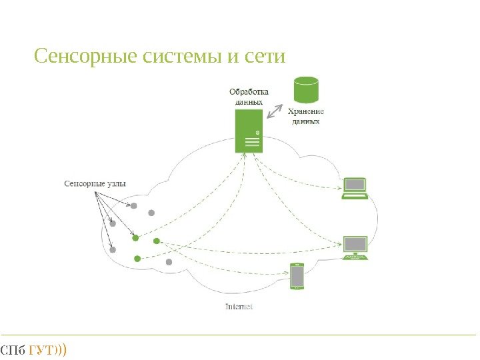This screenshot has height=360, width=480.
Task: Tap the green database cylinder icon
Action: [x=307, y=89]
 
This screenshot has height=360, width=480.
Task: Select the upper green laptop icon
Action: [x=355, y=188]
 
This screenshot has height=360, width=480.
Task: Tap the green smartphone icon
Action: [x=297, y=276]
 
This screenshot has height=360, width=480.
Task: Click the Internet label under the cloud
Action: [x=239, y=307]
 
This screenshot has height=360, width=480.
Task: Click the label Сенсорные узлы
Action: [x=94, y=183]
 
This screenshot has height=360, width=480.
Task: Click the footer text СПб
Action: [x=13, y=349]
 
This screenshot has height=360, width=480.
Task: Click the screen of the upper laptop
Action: [x=355, y=185]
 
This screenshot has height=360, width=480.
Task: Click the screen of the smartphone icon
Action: [x=297, y=275]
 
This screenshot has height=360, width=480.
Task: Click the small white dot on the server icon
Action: [x=257, y=132]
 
